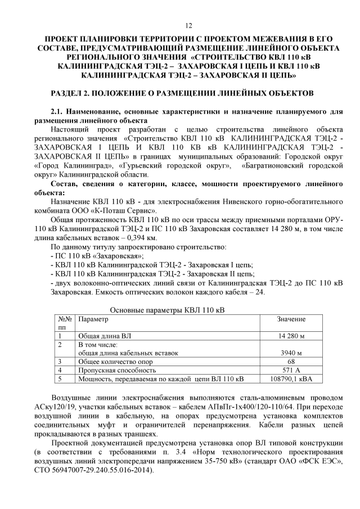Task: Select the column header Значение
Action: coord(291,319)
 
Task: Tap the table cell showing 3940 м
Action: coord(291,353)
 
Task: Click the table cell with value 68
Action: coord(291,362)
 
